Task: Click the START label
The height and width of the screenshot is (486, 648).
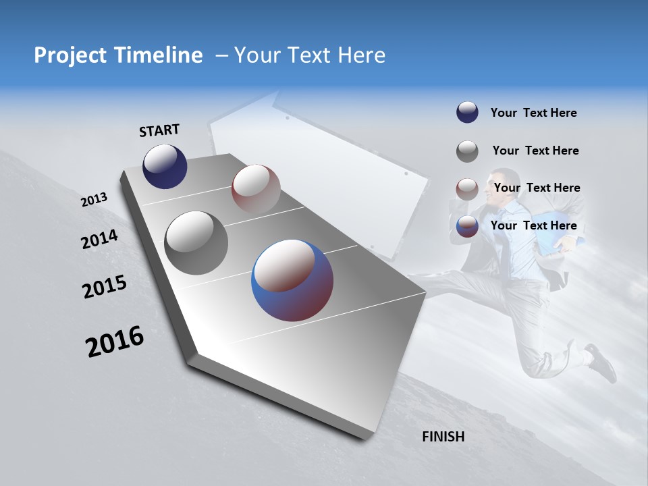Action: (x=159, y=130)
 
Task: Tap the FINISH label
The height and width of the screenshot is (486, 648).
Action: (x=443, y=437)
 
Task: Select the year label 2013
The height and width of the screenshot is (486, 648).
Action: (x=94, y=200)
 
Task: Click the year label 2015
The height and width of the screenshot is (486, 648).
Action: (x=105, y=287)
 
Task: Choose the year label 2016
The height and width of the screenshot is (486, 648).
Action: (x=115, y=341)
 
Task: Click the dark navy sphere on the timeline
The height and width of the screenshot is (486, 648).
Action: (x=165, y=166)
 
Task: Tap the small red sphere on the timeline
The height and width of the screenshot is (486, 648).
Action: (x=256, y=188)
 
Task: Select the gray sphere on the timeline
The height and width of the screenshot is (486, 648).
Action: (x=196, y=243)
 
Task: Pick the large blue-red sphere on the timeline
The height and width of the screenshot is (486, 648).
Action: (x=292, y=279)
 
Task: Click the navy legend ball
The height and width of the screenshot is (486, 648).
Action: (x=467, y=113)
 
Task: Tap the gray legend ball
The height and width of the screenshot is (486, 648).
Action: (x=467, y=151)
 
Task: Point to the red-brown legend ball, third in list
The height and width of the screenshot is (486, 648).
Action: (x=467, y=188)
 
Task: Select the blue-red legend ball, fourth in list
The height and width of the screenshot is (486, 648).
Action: (x=467, y=226)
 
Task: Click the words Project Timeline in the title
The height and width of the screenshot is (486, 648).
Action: (x=118, y=55)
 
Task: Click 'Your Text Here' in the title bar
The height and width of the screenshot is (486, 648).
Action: (x=310, y=55)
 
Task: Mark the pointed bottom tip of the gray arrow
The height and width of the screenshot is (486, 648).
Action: (x=364, y=439)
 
